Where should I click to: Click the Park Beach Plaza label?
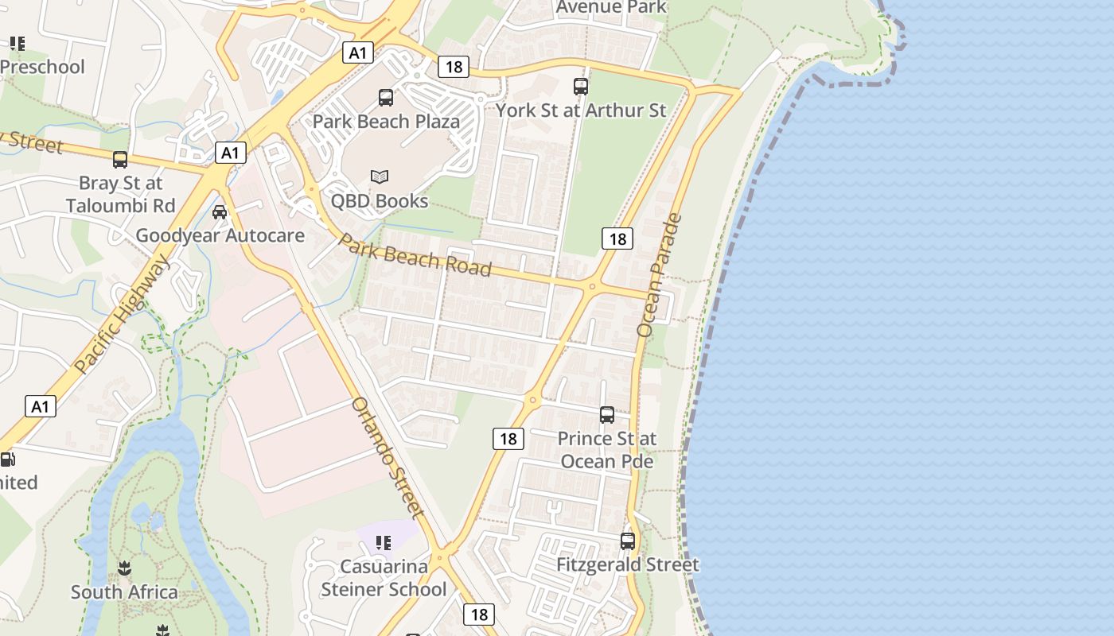coord(386,122)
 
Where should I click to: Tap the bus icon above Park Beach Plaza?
coord(386,98)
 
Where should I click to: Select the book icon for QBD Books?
coord(380,176)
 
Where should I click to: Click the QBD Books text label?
coord(380,201)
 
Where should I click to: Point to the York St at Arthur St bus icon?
coord(581,86)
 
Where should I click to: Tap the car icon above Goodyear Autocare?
coord(220,212)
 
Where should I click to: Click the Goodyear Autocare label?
coord(220,235)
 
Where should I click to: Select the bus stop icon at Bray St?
coord(120,160)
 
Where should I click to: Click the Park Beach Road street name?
coord(415,254)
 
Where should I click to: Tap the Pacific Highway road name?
coord(123,313)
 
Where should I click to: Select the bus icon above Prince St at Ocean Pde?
coord(607,415)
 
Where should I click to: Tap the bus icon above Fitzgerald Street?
coord(628,541)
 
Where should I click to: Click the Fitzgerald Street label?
coord(628,565)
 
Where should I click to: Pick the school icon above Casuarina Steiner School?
coord(384,543)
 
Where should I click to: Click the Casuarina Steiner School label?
coord(384,578)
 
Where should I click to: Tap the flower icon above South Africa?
coord(124,568)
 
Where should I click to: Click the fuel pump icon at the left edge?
coord(7,459)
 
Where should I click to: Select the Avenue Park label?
coord(610,7)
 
